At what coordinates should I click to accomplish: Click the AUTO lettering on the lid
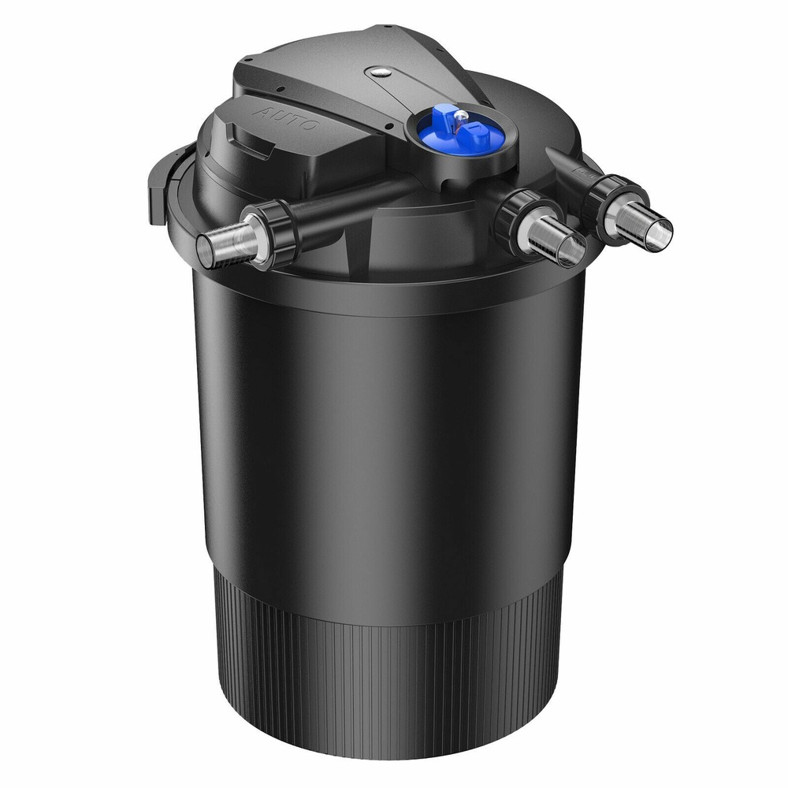[x=288, y=119]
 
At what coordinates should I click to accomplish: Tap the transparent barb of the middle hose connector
[x=556, y=240]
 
